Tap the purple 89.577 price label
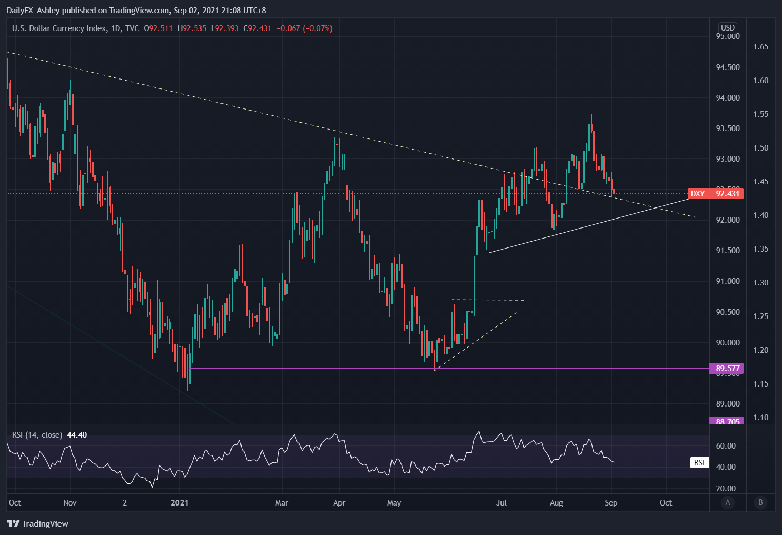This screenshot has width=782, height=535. click(727, 368)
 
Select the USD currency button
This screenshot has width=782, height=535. click(727, 28)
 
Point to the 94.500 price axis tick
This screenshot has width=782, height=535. click(728, 67)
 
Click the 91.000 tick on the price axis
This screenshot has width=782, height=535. click(728, 281)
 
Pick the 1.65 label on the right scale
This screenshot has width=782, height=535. click(760, 47)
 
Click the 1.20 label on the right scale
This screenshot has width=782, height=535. click(760, 350)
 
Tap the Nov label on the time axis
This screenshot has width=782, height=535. click(70, 503)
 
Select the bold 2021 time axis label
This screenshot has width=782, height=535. click(179, 503)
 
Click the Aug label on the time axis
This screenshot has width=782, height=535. click(556, 503)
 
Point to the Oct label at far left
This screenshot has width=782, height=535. click(15, 503)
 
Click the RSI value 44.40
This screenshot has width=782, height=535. click(77, 435)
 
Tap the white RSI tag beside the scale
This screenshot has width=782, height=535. click(699, 463)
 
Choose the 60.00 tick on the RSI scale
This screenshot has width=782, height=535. click(726, 446)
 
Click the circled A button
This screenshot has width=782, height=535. click(728, 502)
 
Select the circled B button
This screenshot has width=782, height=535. click(760, 502)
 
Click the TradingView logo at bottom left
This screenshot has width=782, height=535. click(38, 523)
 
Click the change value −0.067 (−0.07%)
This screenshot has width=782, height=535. click(304, 28)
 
